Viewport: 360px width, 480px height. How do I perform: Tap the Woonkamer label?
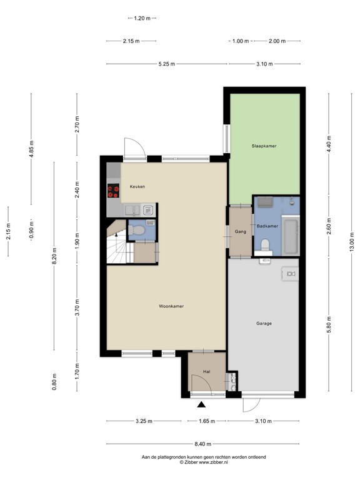[171, 306]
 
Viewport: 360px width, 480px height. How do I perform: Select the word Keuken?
[137, 187]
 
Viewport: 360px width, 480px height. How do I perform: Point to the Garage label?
[264, 324]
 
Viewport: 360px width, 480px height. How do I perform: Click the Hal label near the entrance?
[207, 372]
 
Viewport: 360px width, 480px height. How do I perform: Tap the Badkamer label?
[266, 226]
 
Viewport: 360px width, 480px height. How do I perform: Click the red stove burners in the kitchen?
[113, 191]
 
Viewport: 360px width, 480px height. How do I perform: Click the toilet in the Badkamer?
[264, 245]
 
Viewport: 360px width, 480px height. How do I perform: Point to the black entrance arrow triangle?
[202, 405]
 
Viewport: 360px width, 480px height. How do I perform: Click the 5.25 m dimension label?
[167, 64]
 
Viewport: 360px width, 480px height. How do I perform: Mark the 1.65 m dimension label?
[207, 421]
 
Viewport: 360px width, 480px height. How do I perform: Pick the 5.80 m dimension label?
[329, 325]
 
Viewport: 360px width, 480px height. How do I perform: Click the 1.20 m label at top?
[143, 18]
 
